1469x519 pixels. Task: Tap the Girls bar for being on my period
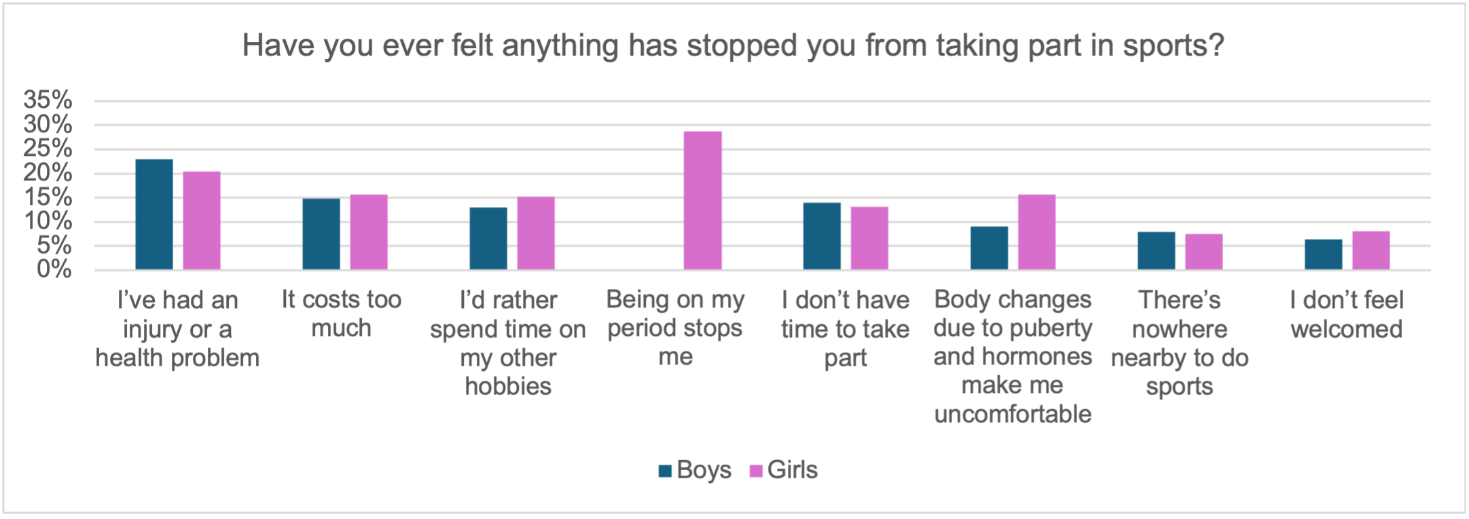pyautogui.click(x=703, y=201)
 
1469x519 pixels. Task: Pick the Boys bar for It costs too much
pyautogui.click(x=321, y=234)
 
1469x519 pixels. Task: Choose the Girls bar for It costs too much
pyautogui.click(x=369, y=232)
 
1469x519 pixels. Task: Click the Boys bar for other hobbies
pyautogui.click(x=488, y=238)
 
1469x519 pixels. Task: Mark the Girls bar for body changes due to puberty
pyautogui.click(x=1037, y=232)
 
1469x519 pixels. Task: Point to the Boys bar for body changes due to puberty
pyautogui.click(x=989, y=248)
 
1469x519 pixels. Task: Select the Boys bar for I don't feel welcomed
pyautogui.click(x=1323, y=254)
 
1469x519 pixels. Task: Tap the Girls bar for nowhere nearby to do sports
pyautogui.click(x=1204, y=252)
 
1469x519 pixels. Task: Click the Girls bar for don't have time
pyautogui.click(x=869, y=238)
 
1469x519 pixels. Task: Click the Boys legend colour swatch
pyautogui.click(x=665, y=471)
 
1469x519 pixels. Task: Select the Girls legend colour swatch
pyautogui.click(x=756, y=471)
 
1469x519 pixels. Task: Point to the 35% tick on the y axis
pyautogui.click(x=48, y=100)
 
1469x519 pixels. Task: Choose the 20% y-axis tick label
pyautogui.click(x=48, y=173)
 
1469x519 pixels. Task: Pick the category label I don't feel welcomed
pyautogui.click(x=1347, y=314)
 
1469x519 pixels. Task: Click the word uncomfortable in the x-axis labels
pyautogui.click(x=1013, y=414)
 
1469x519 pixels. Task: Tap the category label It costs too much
pyautogui.click(x=342, y=313)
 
